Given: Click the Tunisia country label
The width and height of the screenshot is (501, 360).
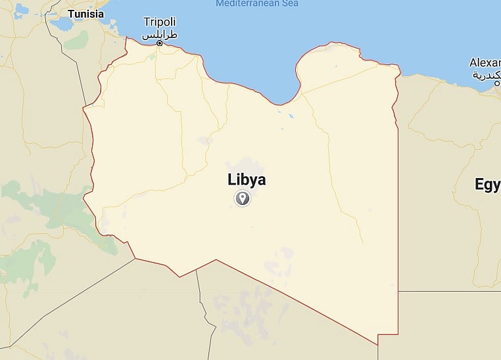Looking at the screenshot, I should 85,13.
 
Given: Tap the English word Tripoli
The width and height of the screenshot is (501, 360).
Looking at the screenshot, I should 160,22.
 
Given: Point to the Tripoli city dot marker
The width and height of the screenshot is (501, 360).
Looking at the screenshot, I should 160,43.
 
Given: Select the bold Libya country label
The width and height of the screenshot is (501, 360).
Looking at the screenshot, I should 247,179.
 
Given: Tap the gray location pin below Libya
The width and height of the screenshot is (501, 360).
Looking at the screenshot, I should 243,198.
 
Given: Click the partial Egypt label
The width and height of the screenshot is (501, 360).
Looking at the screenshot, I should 487,185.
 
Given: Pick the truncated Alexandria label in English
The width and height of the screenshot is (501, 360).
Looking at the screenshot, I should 485,63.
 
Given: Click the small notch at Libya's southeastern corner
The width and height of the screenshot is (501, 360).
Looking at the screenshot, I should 378,340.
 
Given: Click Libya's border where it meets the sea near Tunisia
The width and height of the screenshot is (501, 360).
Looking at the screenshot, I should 126,37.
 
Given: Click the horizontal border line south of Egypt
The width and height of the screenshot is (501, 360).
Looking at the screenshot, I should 447,291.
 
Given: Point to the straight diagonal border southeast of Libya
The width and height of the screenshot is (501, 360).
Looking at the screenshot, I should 296,300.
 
